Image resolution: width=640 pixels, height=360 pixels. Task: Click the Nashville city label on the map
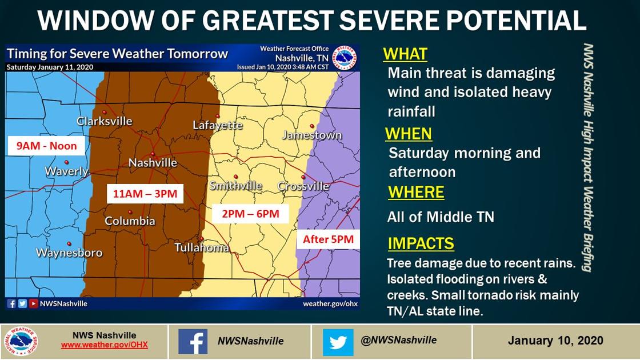coord(153,163)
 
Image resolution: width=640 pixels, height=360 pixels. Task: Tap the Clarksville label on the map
coord(105,121)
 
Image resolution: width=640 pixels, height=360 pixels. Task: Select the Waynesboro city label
coord(69,253)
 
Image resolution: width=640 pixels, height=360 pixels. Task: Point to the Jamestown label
coord(312,135)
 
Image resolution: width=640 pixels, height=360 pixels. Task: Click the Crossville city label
coord(303,186)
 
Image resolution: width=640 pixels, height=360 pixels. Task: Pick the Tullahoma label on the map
coord(202,247)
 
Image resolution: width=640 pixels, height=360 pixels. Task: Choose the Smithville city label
coord(235,186)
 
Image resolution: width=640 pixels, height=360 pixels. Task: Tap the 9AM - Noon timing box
coord(46,146)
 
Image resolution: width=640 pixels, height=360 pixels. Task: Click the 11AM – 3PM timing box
coord(145,194)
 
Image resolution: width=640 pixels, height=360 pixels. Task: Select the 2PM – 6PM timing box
coord(250,214)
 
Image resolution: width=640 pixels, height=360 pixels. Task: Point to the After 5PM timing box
coord(328,239)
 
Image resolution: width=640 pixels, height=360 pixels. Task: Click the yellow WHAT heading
coord(405,54)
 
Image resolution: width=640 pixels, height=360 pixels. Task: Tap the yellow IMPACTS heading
coord(421,243)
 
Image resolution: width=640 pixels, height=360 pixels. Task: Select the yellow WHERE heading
coord(416,193)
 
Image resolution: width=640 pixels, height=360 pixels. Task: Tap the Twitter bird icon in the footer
coord(338,342)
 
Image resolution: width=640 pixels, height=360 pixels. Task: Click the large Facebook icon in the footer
coord(193,342)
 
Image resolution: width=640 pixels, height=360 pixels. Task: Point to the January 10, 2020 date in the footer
coord(555,341)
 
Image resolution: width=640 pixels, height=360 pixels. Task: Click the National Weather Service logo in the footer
coord(21,342)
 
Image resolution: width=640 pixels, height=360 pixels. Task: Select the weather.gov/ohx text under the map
coord(330,303)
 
